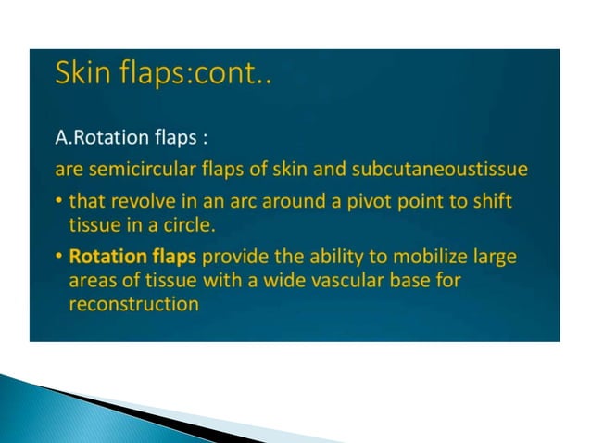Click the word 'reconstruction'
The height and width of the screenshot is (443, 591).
tap(134, 304)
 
